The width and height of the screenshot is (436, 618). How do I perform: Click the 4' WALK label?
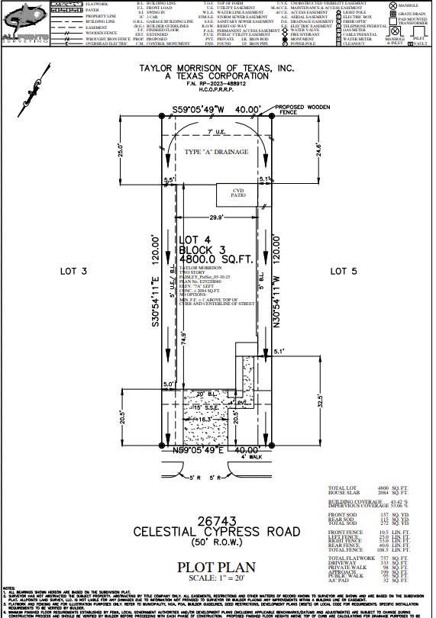click(250, 458)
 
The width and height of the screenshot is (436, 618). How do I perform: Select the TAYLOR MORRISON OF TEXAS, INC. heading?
click(216, 67)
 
